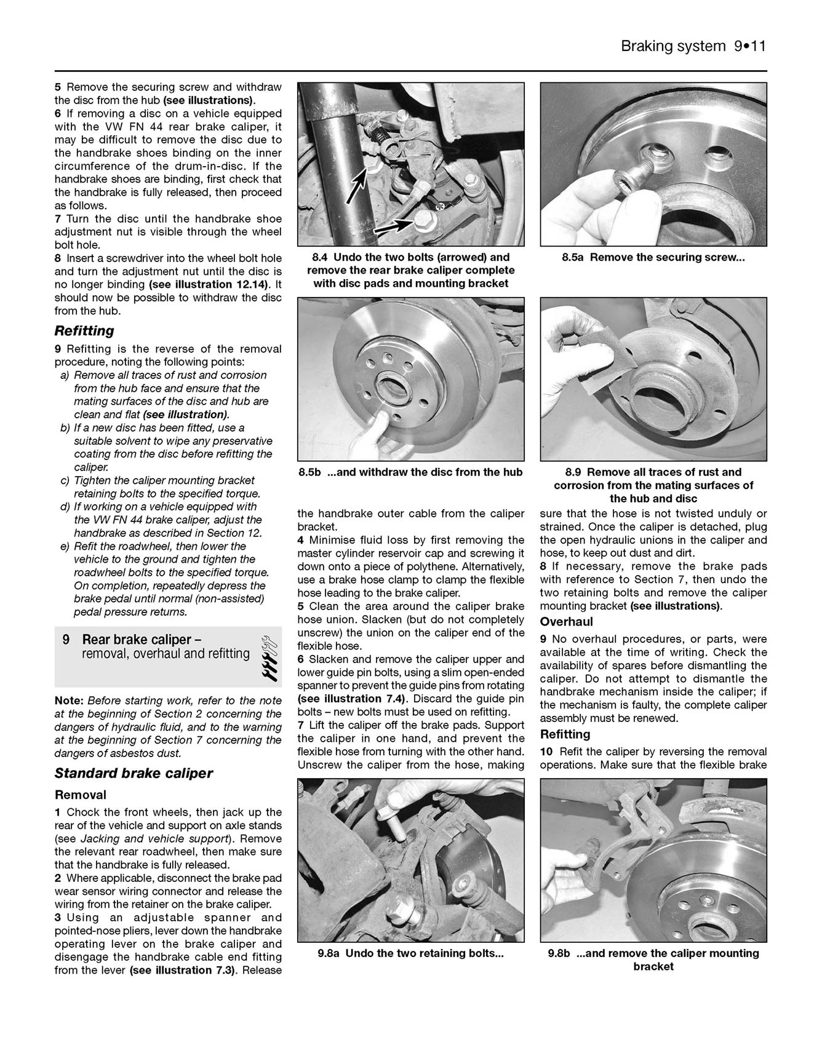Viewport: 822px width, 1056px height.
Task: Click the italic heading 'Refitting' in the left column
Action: (84, 331)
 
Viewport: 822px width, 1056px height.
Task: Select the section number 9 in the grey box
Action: (66, 640)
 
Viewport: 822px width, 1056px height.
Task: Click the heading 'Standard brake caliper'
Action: (134, 773)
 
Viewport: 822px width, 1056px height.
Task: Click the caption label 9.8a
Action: (330, 953)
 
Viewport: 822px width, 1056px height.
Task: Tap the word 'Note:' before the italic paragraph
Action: (70, 701)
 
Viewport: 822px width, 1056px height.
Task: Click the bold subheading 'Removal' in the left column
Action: (80, 795)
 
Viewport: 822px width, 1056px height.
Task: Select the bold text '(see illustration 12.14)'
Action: (208, 285)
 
